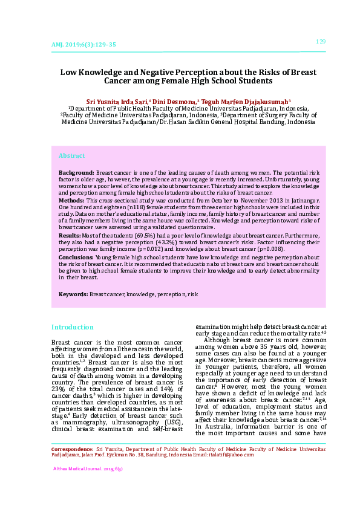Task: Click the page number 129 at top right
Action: (321, 41)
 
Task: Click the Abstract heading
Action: (71, 156)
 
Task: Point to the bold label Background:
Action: (76, 173)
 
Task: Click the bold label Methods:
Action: (71, 199)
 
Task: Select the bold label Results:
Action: (70, 235)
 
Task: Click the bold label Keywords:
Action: (73, 294)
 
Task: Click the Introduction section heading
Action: (72, 327)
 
